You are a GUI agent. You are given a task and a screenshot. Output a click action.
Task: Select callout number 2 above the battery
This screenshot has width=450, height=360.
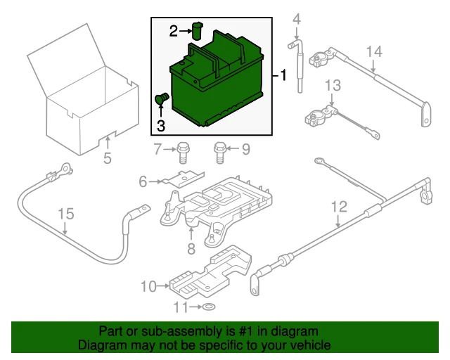click(x=174, y=30)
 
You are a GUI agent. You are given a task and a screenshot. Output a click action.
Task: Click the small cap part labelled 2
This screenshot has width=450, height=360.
click(x=198, y=30)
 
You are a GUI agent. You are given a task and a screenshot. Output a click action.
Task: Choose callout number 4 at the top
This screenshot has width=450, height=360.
click(x=296, y=18)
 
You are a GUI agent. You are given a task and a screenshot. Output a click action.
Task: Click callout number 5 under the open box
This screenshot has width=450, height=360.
click(x=107, y=158)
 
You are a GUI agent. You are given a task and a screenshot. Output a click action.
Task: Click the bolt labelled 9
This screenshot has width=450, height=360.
click(x=219, y=150)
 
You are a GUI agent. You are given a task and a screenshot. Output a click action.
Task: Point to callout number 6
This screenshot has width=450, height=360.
click(x=143, y=182)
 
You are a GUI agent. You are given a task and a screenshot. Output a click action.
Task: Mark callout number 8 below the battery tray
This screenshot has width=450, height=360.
click(x=191, y=248)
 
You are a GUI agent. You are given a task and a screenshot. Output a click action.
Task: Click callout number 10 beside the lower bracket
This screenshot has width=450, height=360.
click(x=148, y=286)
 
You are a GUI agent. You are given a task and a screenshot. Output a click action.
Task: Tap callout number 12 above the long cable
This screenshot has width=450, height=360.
click(x=339, y=207)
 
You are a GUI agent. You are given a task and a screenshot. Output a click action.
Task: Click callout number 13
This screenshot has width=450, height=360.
click(x=332, y=86)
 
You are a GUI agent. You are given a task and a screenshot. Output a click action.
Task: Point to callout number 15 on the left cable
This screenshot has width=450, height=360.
click(x=65, y=213)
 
